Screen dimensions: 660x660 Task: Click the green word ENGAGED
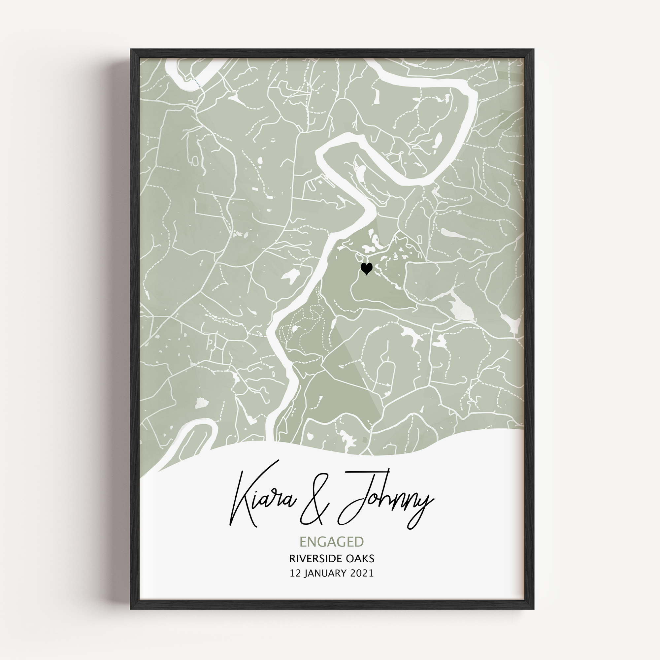coord(331,542)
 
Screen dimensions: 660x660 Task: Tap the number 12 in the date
coord(295,573)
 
